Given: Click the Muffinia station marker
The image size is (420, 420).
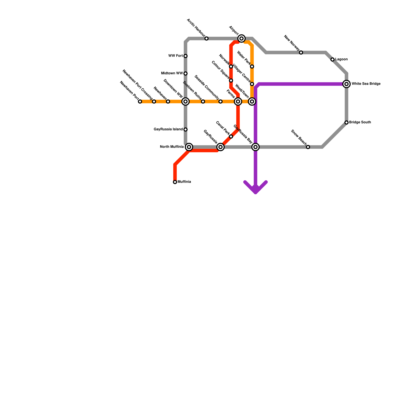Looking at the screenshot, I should click(175, 182).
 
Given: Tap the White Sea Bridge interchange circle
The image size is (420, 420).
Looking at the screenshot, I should click(346, 84).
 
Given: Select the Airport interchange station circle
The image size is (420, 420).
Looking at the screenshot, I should click(241, 39).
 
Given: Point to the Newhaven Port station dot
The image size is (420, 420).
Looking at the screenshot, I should click(140, 102).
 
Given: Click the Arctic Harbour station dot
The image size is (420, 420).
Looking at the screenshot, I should click(207, 39).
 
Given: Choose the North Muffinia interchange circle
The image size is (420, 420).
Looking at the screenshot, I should click(189, 147).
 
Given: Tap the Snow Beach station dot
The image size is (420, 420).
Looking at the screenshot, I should click(308, 147).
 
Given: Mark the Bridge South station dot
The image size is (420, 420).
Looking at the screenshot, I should click(346, 123).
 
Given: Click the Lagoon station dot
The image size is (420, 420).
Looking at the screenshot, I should click(333, 60).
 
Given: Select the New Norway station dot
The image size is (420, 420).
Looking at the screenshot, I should click(301, 52).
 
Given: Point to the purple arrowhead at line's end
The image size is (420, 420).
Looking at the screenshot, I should click(256, 190).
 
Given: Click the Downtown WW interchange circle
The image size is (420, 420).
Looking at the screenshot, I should click(186, 102).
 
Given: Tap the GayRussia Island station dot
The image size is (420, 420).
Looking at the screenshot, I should click(186, 129).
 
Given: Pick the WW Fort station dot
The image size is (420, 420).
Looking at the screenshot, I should click(186, 56).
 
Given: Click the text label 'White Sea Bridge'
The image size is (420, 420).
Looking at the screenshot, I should click(366, 84).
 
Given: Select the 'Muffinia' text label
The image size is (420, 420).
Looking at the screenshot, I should click(184, 182).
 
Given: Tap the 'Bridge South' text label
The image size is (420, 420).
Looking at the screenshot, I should click(360, 122).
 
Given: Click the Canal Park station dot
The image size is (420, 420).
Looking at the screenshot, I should click(231, 136).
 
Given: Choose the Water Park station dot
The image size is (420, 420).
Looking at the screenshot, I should click(252, 66).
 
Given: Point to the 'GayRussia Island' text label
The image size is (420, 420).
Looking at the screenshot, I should click(168, 129).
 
